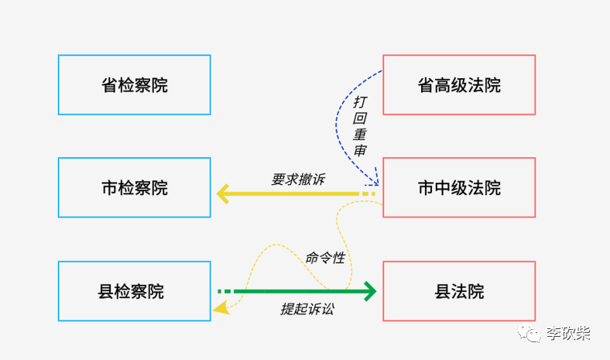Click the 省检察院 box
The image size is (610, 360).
[x=135, y=85]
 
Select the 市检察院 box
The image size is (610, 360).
[x=135, y=188]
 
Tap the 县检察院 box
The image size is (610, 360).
[x=135, y=292]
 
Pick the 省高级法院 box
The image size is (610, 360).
[x=459, y=85]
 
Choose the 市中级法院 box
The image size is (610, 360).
[x=459, y=188]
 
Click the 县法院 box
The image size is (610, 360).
[x=459, y=292]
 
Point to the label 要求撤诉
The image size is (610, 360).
[x=298, y=179]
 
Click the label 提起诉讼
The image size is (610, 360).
[x=307, y=308]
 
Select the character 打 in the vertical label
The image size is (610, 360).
[x=361, y=102]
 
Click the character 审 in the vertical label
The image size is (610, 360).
[x=360, y=150]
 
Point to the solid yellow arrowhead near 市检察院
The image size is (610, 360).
[x=223, y=193]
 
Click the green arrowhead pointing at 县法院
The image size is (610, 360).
[x=371, y=291]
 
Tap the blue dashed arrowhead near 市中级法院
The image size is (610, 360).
[x=375, y=181]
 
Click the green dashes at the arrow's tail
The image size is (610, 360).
[x=224, y=291]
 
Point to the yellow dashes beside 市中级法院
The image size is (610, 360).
[x=368, y=193]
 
